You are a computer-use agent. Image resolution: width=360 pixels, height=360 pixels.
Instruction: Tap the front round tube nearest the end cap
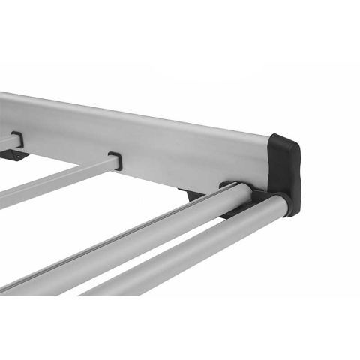point(195,247)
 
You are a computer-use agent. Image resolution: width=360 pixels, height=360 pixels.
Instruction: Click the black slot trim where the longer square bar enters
point(115,160)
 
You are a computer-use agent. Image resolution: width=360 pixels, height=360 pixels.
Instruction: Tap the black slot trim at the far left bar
point(16,139)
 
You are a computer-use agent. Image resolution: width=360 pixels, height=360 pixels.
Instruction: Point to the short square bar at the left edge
point(6,142)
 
